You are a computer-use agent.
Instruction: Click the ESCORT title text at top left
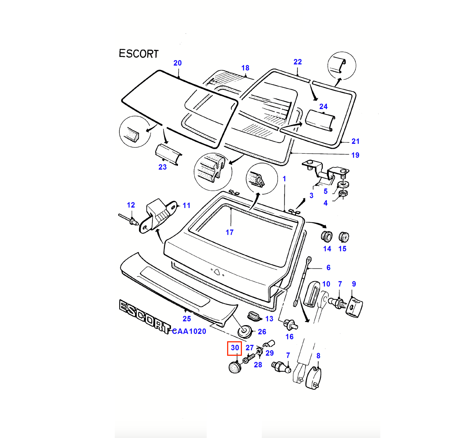139,54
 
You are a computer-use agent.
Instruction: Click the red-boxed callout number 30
235,348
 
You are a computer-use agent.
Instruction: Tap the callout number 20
177,63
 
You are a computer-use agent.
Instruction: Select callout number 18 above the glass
245,68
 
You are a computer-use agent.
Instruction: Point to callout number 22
298,62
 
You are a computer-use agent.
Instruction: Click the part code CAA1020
189,331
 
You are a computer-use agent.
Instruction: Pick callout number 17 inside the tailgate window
230,232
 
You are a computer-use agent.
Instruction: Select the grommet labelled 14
327,236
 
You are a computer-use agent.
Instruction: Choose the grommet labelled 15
344,237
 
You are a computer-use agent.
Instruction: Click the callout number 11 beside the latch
186,206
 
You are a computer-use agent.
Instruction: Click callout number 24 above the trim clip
323,107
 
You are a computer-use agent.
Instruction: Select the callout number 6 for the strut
328,268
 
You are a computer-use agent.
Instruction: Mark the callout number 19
355,155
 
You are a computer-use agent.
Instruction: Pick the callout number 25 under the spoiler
187,319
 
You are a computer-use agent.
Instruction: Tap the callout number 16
289,337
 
